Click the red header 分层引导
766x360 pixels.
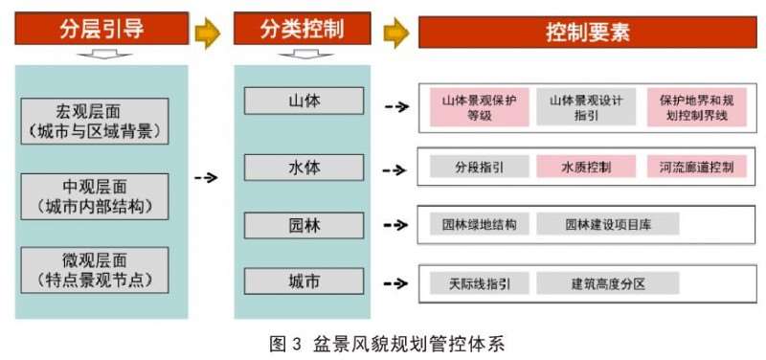[x=101, y=30]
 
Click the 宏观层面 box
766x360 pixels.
[x=94, y=119]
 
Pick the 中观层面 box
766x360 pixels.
[x=94, y=194]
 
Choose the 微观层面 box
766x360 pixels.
[x=94, y=270]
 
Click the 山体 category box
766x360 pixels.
[x=304, y=101]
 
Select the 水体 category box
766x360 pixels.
[x=304, y=167]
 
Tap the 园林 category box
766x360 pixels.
[x=304, y=225]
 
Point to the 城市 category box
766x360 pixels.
[x=304, y=282]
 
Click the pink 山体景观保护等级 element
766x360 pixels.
[x=479, y=107]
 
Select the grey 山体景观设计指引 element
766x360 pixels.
[x=587, y=107]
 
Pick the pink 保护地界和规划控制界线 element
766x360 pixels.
[x=696, y=107]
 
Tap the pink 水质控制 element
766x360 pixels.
[x=586, y=167]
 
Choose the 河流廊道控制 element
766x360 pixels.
[x=696, y=167]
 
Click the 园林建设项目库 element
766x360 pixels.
[x=607, y=225]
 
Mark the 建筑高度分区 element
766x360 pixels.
[x=607, y=283]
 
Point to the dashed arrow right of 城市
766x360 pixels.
[x=395, y=283]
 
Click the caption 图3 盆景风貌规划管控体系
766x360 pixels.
[x=383, y=343]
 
